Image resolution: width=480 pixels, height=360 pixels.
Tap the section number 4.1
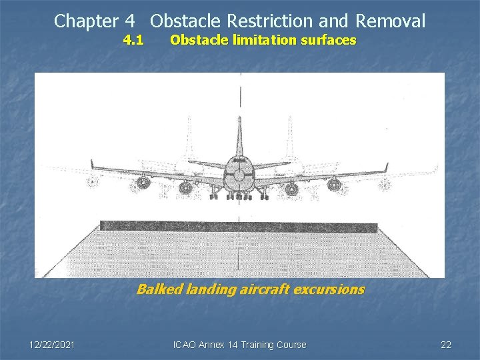click(133, 40)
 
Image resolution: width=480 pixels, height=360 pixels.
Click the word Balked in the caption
click(154, 289)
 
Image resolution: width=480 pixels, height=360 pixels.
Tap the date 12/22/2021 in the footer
click(52, 345)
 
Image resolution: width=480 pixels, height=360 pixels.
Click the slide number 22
click(446, 345)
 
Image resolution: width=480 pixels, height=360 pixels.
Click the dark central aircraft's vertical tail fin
click(239, 137)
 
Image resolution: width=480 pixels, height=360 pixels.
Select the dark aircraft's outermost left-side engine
click(143, 182)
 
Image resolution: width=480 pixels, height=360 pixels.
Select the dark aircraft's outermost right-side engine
click(334, 184)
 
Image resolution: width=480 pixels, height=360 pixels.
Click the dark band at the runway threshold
click(239, 227)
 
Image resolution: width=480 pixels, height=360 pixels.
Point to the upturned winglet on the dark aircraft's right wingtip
click(386, 167)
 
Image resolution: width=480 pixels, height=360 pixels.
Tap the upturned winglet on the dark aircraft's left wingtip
click(92, 165)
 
